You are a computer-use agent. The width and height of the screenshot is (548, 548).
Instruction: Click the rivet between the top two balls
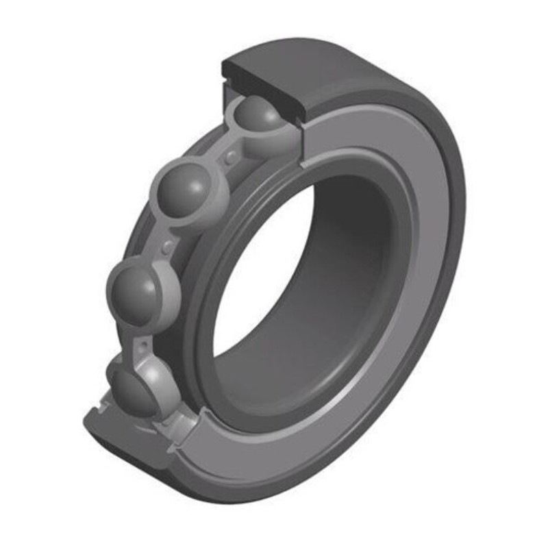coord(231,158)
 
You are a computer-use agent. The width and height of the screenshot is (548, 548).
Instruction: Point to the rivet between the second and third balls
coord(167,246)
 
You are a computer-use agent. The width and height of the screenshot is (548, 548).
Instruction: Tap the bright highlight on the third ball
coord(126,278)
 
